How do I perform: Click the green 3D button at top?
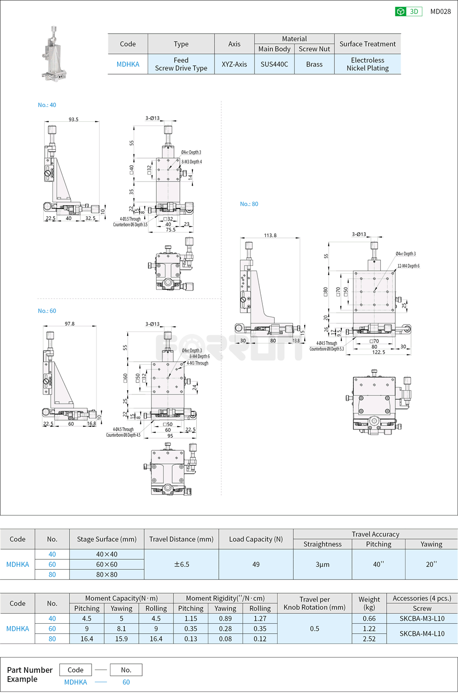pos(408,12)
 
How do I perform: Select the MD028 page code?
pos(440,12)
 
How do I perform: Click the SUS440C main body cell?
pos(274,64)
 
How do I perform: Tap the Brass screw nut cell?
pos(314,64)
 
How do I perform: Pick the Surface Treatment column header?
pos(367,44)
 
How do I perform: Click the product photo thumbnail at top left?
pos(54,53)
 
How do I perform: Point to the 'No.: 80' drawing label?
pos(249,204)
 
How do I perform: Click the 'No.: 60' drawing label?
pos(47,311)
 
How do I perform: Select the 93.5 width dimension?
pos(73,119)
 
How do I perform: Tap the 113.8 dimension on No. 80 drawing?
pos(270,236)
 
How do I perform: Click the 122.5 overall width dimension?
pos(378,352)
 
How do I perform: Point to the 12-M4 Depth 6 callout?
pos(408,266)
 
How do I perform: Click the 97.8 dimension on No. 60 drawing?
pos(69,324)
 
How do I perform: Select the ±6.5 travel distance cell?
pos(181,564)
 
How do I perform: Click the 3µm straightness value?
pos(322,564)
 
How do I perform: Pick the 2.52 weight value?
pos(369,639)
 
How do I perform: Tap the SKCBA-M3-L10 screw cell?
pos(422,618)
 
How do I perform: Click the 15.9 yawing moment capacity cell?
pos(121,639)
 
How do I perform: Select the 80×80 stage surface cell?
pos(107,574)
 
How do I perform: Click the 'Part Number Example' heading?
pos(29,674)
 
